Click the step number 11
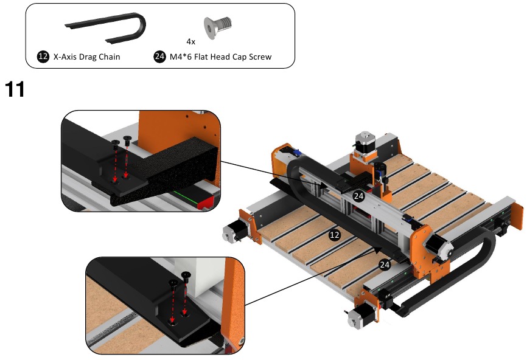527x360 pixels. pos(15,89)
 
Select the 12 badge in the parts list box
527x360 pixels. pos(43,57)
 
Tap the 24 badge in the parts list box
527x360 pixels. pos(159,57)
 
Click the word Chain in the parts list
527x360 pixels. pos(107,57)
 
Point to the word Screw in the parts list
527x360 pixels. pos(259,57)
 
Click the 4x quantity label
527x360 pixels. pos(190,42)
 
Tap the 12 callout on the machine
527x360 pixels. pos(334,234)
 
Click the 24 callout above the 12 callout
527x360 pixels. pos(358,196)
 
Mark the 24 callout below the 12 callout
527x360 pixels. pos(384,265)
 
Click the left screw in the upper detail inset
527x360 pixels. pos(116,144)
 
